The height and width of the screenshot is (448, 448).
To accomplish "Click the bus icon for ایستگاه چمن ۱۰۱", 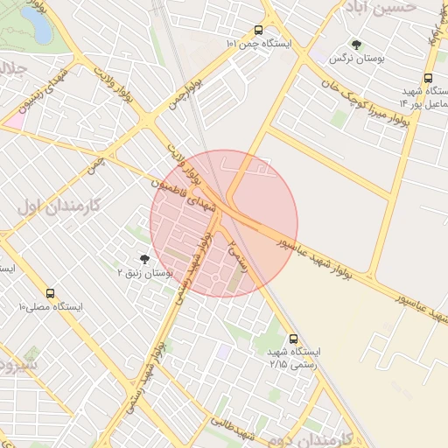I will click(x=257, y=30).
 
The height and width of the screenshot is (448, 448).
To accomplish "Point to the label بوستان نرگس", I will click(x=357, y=58).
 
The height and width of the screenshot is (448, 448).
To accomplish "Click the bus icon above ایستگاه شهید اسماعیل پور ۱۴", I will click(x=429, y=77).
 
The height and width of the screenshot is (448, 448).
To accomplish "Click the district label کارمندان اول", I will click(x=59, y=206).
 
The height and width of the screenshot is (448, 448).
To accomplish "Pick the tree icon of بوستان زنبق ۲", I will click(x=144, y=258).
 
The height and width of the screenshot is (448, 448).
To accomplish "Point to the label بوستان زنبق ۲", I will click(x=144, y=273).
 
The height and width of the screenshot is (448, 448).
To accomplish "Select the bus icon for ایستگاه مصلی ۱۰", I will click(x=50, y=293).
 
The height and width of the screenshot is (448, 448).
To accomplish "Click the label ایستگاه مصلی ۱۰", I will click(x=50, y=307).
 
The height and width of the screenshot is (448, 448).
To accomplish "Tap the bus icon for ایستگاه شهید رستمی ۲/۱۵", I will click(x=292, y=337).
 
